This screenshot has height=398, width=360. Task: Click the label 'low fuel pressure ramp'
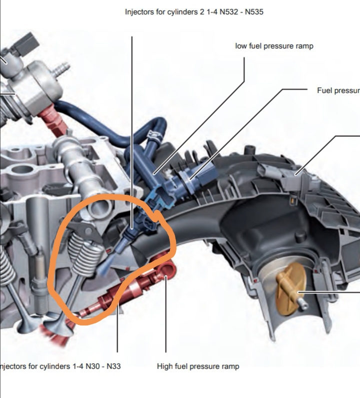tap(274, 46)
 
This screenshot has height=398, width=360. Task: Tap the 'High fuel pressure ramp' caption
tap(198, 366)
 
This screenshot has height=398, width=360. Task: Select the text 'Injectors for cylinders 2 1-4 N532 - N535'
tap(193, 12)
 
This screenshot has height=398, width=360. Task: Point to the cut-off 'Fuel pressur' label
tap(338, 91)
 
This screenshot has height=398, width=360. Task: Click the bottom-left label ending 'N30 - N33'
tap(60, 366)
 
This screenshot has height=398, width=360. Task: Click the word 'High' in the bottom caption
tap(165, 366)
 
